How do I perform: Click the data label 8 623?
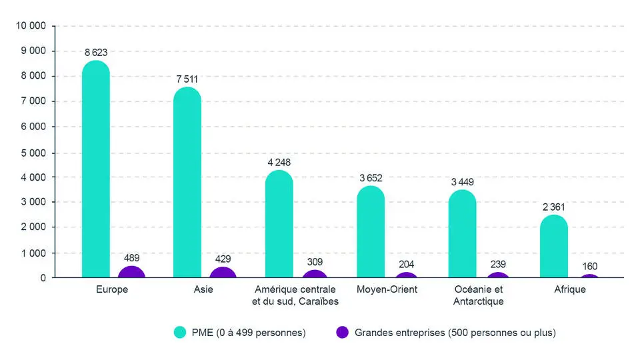coord(96,52)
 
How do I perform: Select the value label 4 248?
coord(279,162)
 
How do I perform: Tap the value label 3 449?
coord(462,181)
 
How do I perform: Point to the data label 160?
coord(590,267)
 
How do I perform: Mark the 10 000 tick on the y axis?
coord(31,25)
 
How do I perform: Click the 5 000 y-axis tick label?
coord(33,152)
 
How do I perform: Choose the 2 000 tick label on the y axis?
coord(33,227)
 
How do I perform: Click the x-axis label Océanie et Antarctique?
coord(478,295)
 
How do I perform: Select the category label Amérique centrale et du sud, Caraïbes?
coord(296,295)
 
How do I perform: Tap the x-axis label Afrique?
coord(571,289)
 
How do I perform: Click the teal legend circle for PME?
coord(179,332)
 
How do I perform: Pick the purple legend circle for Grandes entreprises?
coord(343,332)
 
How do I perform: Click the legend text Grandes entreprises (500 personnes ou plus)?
coord(455,332)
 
